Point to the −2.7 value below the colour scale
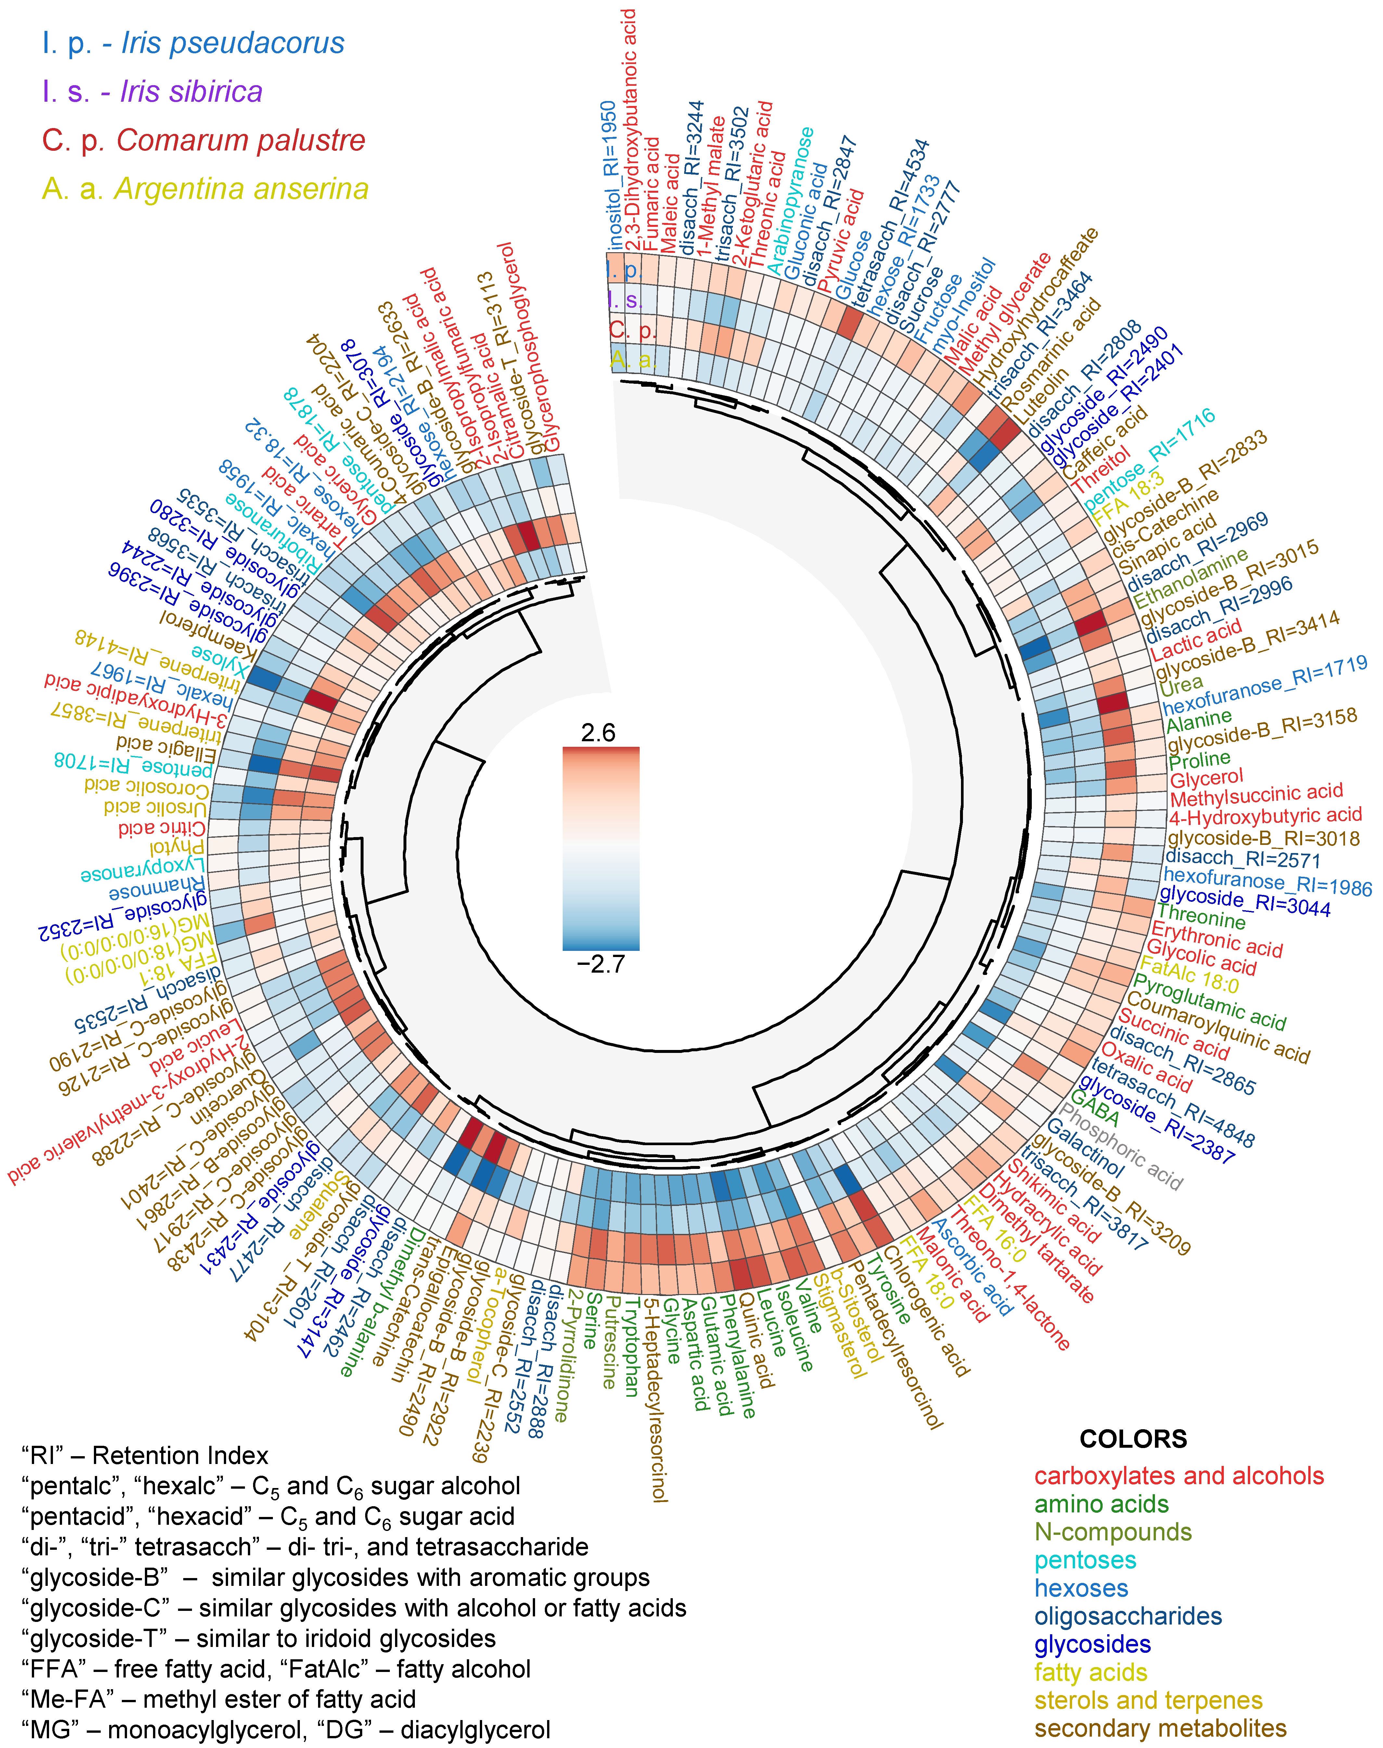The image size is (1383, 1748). (601, 964)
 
